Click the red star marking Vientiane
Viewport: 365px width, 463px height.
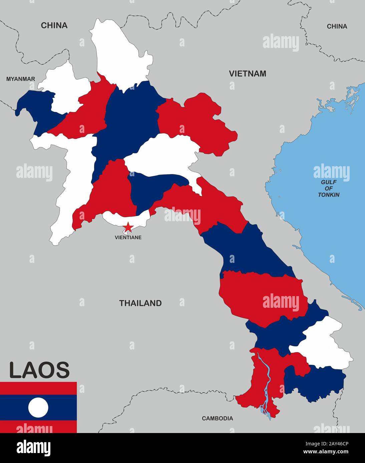[x=128, y=228]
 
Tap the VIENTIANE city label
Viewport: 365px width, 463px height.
[x=128, y=237]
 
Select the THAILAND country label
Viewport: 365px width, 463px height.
[x=140, y=303]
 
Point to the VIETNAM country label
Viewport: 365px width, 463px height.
[x=247, y=74]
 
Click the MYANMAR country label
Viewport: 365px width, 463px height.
[x=21, y=79]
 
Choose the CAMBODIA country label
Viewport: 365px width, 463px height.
[x=217, y=418]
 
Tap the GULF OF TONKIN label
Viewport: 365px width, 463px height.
[x=329, y=189]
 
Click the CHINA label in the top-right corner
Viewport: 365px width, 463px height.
[x=337, y=26]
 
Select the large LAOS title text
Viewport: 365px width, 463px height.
[x=39, y=370]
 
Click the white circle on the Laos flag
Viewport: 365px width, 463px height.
[x=38, y=407]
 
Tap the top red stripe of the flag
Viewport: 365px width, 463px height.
[x=38, y=388]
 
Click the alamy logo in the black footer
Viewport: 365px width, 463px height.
[x=33, y=447]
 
